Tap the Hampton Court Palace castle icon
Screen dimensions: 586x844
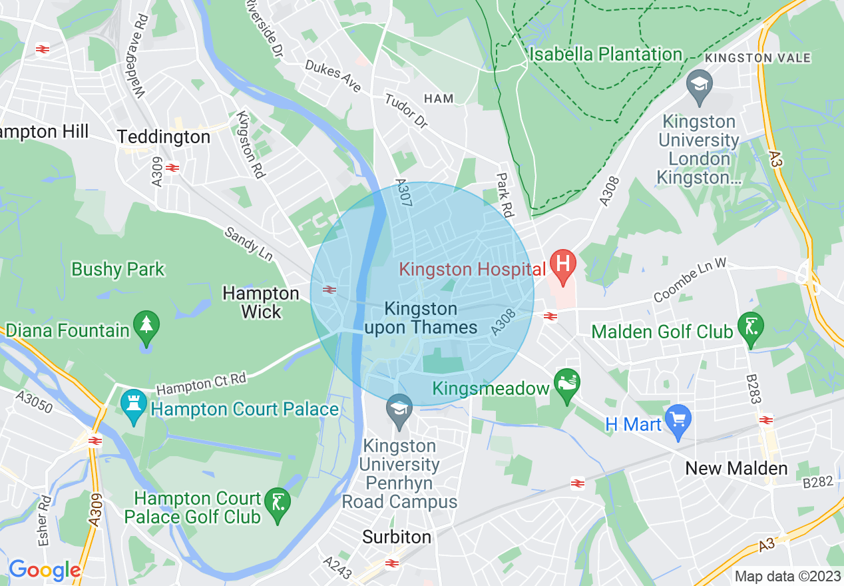[x=134, y=404]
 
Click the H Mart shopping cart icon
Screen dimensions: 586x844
[x=678, y=420]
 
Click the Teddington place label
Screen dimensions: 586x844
[x=164, y=137]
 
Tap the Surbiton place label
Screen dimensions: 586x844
[x=397, y=537]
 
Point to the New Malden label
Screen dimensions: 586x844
[x=736, y=468]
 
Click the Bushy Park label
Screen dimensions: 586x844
[x=118, y=270]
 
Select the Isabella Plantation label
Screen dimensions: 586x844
[x=606, y=54]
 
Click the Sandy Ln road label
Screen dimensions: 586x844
[x=249, y=244]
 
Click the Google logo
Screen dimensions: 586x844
[x=44, y=570]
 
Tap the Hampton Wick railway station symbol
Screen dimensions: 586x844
[x=328, y=290]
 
